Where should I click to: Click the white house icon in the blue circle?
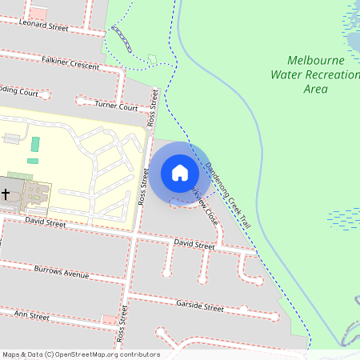tap(179, 172)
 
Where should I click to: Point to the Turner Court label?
tap(117, 105)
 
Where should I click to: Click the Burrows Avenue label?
tap(62, 273)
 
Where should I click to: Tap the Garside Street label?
tap(199, 306)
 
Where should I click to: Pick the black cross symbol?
tap(6, 194)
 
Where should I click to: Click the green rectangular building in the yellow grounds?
tap(34, 145)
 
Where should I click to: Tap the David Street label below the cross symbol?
tap(45, 222)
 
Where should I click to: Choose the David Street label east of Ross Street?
tap(194, 244)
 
